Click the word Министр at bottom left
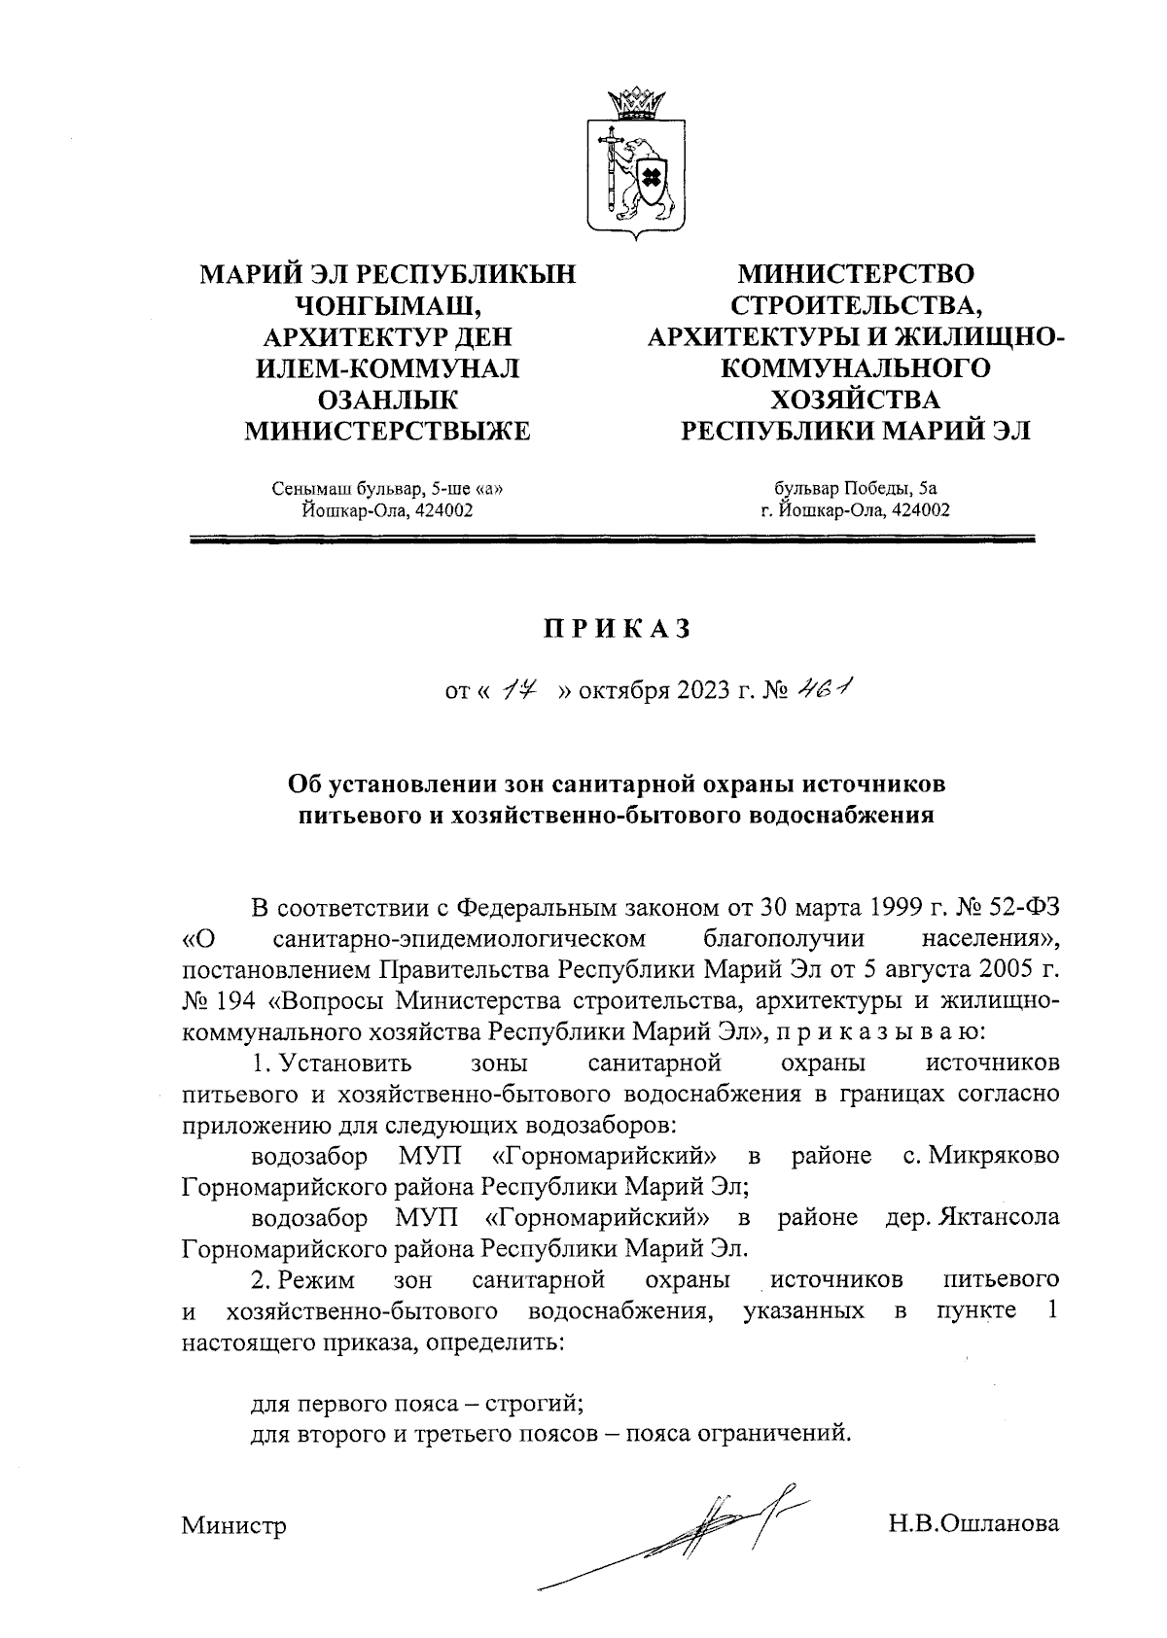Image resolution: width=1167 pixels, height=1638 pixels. coord(233,1526)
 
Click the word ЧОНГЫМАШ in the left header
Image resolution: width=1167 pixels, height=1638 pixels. coord(387,306)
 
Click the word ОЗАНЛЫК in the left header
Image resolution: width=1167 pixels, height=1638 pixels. coord(387,400)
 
